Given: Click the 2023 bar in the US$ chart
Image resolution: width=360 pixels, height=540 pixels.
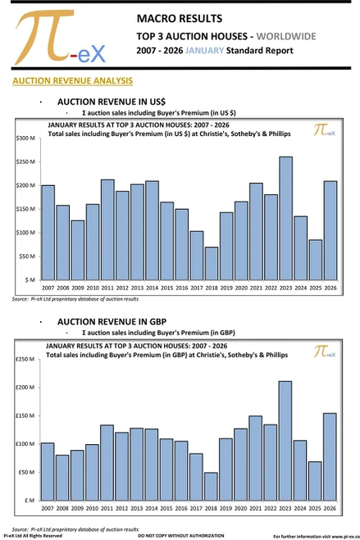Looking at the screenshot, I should click(285, 218).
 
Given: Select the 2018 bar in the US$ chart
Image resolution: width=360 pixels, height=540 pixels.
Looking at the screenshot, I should click(212, 263).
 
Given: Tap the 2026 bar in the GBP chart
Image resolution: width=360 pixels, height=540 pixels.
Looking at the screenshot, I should click(330, 456).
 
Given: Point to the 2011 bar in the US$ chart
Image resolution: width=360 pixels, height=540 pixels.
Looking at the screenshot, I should click(107, 229).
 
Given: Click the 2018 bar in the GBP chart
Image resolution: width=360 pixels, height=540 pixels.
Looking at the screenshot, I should click(211, 485).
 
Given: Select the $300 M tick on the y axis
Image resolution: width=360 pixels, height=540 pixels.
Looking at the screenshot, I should click(25, 138).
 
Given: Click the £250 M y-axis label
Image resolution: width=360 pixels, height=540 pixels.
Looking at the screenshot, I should click(25, 359).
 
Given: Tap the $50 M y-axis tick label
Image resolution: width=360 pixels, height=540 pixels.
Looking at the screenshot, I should click(27, 256).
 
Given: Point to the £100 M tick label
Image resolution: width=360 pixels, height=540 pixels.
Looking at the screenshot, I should click(25, 444).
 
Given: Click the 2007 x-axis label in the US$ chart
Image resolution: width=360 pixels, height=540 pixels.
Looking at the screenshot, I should click(48, 288).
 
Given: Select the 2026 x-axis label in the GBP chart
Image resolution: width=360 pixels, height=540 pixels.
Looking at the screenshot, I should click(330, 507).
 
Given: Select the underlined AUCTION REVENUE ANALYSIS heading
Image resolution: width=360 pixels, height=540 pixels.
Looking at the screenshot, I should click(72, 81).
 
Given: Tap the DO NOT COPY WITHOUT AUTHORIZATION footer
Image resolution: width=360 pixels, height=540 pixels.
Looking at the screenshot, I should click(180, 535).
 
